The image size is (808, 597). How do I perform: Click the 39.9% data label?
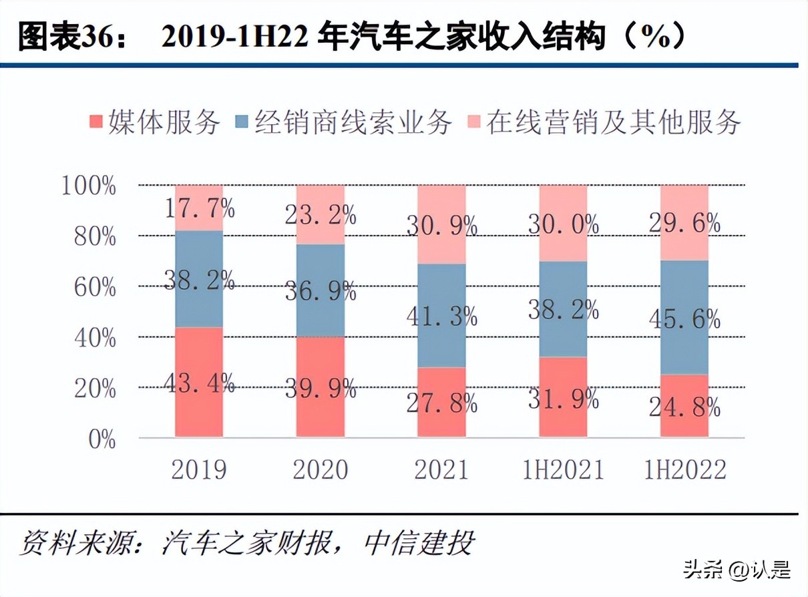click(x=321, y=389)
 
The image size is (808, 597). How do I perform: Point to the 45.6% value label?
click(x=684, y=320)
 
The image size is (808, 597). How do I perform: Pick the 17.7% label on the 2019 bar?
click(x=199, y=209)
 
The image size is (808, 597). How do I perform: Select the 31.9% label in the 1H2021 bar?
click(x=563, y=399)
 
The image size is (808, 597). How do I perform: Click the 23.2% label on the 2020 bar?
click(x=321, y=214)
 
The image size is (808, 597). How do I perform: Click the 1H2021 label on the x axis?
click(x=563, y=470)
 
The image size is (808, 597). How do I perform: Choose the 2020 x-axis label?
click(x=321, y=470)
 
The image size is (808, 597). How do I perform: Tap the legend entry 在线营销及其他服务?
click(x=613, y=122)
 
